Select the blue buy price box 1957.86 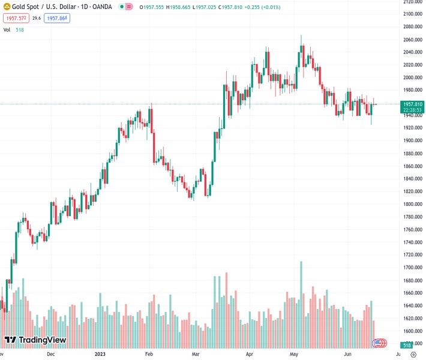coord(58,19)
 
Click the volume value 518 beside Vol coord(20,29)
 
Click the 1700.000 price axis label coord(413,268)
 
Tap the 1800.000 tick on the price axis coord(413,204)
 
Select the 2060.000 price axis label coord(413,40)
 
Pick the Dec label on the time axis coord(51,355)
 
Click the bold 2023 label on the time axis coord(101,355)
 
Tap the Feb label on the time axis coord(149,355)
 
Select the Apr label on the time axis coord(250,355)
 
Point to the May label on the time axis coord(294,355)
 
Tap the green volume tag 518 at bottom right coord(407,346)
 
